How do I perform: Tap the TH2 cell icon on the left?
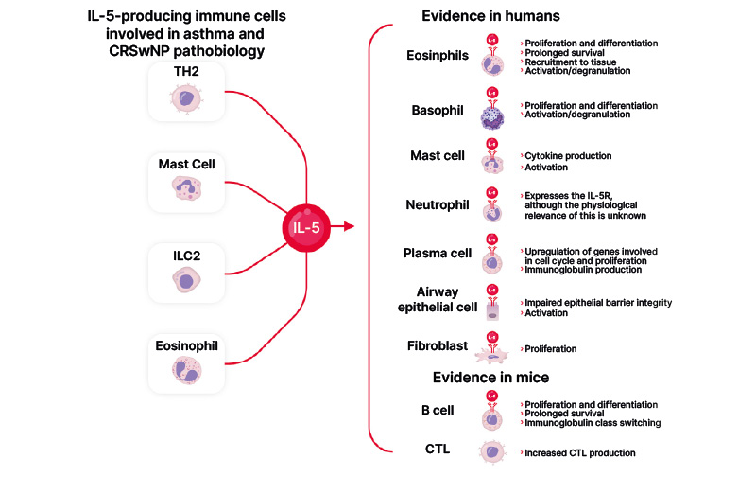click(x=185, y=97)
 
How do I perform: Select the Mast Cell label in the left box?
click(x=186, y=164)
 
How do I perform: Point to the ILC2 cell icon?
click(x=185, y=278)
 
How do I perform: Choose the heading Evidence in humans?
click(x=477, y=17)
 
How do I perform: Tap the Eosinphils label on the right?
click(x=437, y=56)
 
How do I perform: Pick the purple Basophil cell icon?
click(x=492, y=115)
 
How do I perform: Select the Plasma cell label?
click(x=437, y=255)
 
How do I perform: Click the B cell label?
click(x=438, y=411)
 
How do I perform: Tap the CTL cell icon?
click(x=492, y=452)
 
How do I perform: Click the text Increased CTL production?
click(x=579, y=453)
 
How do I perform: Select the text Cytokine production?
click(x=567, y=155)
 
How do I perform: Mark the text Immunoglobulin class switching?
click(x=593, y=423)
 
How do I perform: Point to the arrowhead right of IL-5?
click(x=350, y=226)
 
